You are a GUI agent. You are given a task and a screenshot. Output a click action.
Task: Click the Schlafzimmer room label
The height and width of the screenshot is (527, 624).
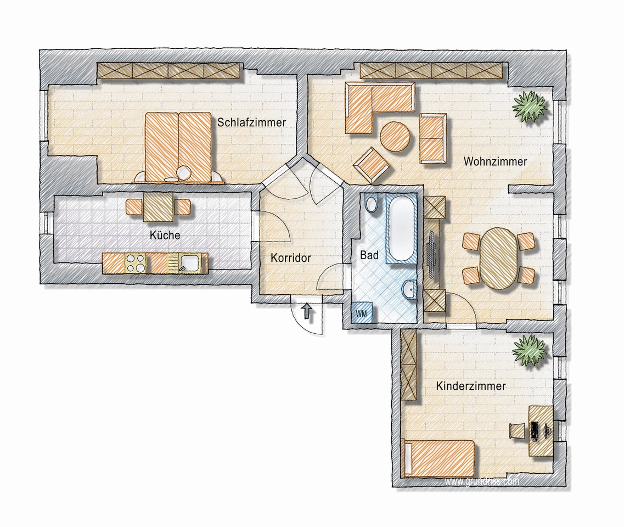pos(251,122)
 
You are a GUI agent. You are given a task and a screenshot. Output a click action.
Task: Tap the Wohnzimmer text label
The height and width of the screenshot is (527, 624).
pos(495,161)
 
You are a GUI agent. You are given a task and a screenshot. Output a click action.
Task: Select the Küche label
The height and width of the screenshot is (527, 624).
pos(165,235)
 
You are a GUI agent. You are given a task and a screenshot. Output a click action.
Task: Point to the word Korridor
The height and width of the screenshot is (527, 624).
pos(290,258)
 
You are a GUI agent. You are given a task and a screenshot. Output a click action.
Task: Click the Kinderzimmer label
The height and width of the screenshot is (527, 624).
pos(471,386)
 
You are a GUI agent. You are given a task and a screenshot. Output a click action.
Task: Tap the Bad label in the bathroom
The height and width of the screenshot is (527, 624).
pos(369,255)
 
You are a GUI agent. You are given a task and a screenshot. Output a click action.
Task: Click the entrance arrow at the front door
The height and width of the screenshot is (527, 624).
pos(307,311)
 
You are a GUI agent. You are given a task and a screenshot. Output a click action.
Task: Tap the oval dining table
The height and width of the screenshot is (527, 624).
pos(499,258)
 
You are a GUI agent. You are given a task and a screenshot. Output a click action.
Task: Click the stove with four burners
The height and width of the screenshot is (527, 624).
pos(136,263)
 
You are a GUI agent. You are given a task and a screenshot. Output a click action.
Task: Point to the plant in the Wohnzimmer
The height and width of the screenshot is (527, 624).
pos(530,106)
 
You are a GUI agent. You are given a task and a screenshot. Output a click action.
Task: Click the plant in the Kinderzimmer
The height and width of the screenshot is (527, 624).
pos(530,349)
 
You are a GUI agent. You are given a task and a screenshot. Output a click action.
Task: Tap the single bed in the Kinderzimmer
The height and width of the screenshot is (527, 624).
pos(439,458)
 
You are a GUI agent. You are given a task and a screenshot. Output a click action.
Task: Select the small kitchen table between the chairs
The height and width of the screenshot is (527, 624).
pos(159,206)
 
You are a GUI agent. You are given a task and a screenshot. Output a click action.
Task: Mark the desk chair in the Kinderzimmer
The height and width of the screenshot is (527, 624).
pos(516,431)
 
